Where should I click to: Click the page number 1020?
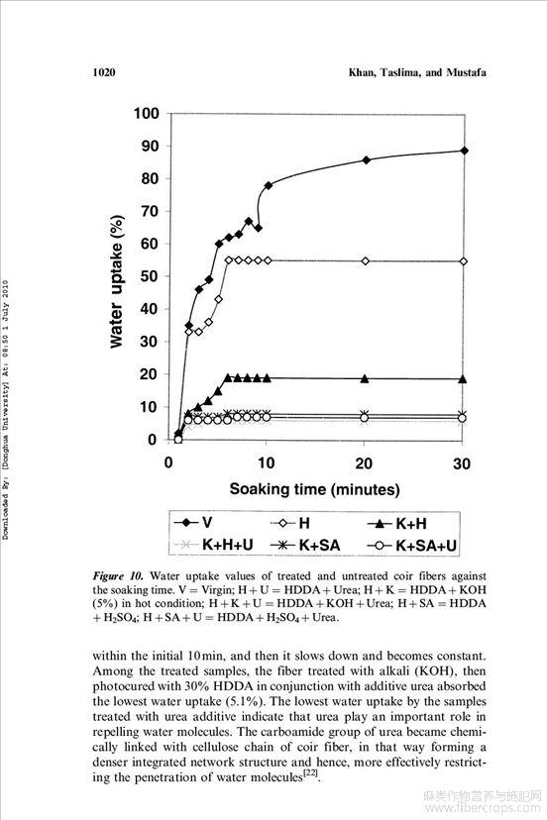(104, 72)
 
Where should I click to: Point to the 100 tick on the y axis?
(146, 114)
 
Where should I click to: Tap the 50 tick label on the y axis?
(150, 276)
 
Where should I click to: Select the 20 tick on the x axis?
(364, 462)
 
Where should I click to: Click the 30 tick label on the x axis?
(462, 462)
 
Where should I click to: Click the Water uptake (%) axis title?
(117, 281)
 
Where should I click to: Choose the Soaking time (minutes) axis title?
(314, 489)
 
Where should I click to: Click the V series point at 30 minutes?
(464, 151)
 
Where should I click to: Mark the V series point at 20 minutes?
(366, 160)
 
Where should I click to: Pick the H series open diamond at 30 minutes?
(464, 261)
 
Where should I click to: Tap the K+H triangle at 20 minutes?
(365, 378)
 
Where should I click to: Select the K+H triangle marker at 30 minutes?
(463, 379)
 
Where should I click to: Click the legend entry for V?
(193, 523)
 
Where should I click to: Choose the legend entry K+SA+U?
(412, 546)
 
